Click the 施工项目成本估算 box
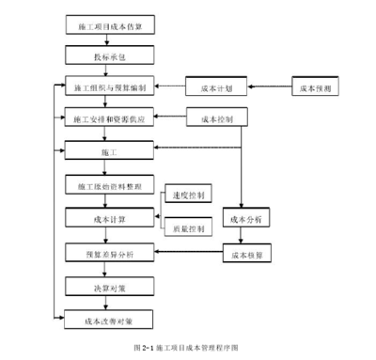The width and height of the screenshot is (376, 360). click(x=105, y=29)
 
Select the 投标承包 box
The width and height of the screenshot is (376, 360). click(x=105, y=57)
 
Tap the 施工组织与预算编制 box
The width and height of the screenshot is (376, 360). click(x=105, y=87)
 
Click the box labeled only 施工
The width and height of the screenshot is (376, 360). click(x=105, y=149)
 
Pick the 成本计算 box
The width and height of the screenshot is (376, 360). click(x=105, y=218)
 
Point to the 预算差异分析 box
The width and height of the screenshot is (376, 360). click(x=105, y=253)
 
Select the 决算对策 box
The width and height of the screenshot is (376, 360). click(x=105, y=286)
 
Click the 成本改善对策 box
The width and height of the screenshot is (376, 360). click(x=105, y=320)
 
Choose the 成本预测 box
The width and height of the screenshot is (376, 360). click(x=316, y=87)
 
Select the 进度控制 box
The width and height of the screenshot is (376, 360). click(x=187, y=196)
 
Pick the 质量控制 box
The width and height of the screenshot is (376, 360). click(x=187, y=228)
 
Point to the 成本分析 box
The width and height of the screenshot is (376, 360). click(x=244, y=218)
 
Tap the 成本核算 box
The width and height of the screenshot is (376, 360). click(x=244, y=254)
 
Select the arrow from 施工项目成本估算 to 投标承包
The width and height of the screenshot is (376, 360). click(x=105, y=42)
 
